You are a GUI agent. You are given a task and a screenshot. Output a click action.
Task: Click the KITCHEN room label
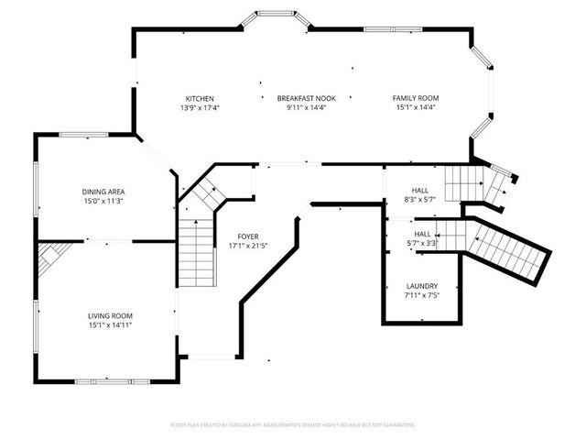(x=200, y=98)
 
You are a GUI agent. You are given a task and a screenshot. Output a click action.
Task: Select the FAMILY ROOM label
(x=416, y=98)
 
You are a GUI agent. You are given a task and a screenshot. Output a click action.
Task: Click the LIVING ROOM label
(x=110, y=314)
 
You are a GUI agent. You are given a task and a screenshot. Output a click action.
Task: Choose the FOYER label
(x=247, y=236)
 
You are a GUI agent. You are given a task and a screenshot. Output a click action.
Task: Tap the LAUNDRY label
(x=421, y=286)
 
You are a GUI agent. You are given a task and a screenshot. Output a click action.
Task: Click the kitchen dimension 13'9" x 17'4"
(x=200, y=108)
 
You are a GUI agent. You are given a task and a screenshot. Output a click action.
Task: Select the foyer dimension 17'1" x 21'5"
(x=247, y=246)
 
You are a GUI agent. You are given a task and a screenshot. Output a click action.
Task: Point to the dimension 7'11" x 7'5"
(x=421, y=296)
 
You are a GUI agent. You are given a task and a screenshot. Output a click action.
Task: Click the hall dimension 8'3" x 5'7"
(x=422, y=199)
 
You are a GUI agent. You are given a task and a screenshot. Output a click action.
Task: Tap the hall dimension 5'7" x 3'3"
(x=422, y=244)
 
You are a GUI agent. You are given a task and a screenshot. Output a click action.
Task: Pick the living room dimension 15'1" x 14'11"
(x=110, y=324)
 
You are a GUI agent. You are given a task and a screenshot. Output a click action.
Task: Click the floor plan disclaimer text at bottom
(x=293, y=425)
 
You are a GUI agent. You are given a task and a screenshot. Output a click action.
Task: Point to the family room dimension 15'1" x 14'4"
(x=416, y=108)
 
